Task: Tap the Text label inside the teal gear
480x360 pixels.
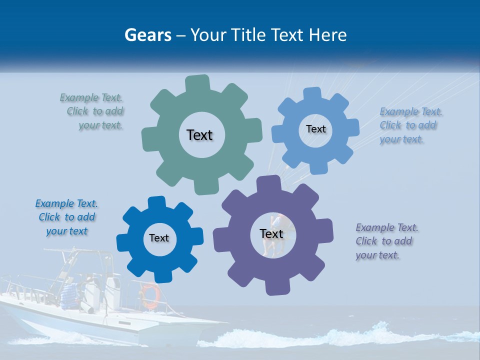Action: (199, 135)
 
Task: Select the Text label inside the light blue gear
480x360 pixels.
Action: (315, 129)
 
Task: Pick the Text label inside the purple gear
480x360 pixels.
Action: (271, 233)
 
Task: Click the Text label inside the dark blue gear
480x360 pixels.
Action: (159, 238)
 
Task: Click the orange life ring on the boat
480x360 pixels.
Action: (149, 295)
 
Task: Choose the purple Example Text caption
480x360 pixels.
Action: (386, 241)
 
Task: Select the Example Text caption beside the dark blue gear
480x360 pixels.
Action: (66, 217)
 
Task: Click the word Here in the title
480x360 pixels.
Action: (328, 35)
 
